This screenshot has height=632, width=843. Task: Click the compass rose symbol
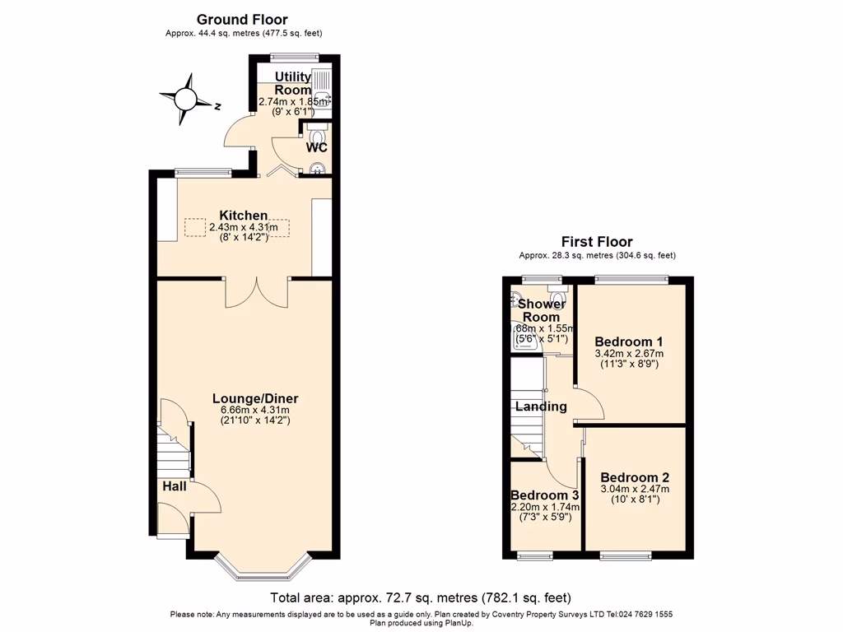(185, 100)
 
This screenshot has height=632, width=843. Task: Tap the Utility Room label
(293, 83)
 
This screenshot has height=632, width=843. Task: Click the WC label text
(316, 148)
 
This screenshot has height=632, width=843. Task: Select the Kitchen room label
(243, 216)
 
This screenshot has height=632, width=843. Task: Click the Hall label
(174, 486)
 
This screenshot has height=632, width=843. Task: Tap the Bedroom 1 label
(629, 342)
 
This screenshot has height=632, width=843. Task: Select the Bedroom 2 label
(635, 477)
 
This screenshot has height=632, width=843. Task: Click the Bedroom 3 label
(545, 495)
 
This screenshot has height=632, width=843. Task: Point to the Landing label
(541, 407)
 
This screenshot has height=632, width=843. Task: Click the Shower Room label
(542, 310)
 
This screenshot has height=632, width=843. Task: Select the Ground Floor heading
(242, 19)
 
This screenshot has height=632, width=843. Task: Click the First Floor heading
(597, 242)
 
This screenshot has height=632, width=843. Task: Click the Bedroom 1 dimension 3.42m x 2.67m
(629, 353)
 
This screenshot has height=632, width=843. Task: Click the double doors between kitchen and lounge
(257, 292)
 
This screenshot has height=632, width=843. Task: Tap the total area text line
(421, 597)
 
